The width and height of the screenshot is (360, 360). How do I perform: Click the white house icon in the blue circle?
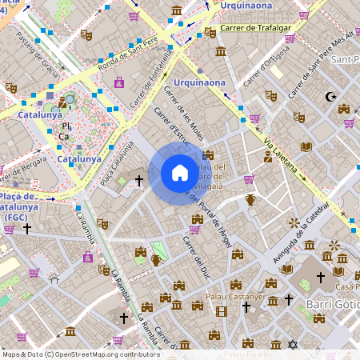[x=179, y=173]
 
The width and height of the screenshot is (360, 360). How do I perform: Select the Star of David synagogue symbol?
[x=292, y=344]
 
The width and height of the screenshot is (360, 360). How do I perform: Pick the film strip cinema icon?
[x=222, y=310]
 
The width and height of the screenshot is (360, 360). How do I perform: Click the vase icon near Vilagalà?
[x=250, y=199]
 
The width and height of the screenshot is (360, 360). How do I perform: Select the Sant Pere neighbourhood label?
[x=343, y=60]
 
